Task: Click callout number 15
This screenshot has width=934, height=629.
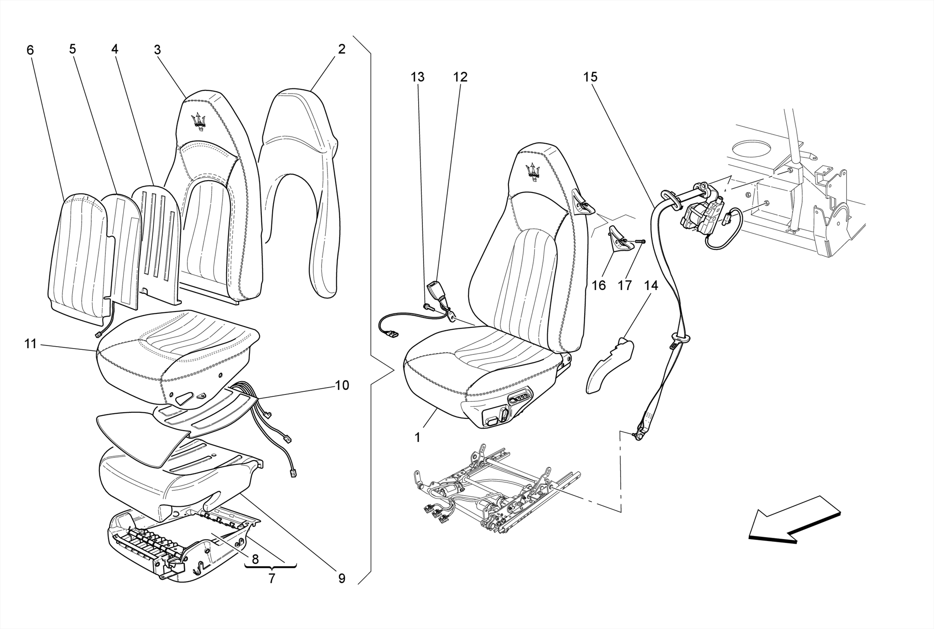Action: (x=590, y=77)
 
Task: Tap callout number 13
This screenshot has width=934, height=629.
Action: (x=417, y=77)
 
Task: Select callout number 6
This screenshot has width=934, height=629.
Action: (x=30, y=50)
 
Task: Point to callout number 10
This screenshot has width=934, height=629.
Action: (x=342, y=385)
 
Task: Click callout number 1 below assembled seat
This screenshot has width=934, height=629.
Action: (x=417, y=437)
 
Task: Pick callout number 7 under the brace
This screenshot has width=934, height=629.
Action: (x=272, y=579)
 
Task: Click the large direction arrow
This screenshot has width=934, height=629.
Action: (x=794, y=520)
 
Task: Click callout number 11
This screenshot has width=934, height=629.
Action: (x=30, y=343)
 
